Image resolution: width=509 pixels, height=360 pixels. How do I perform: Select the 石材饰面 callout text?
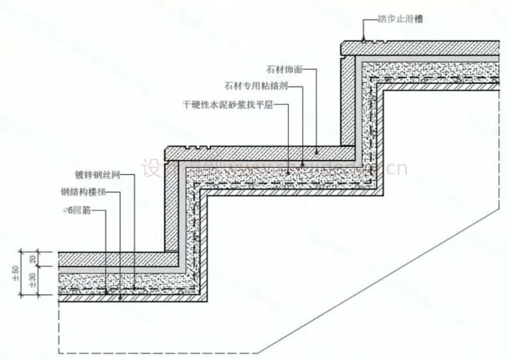pyautogui.click(x=285, y=69)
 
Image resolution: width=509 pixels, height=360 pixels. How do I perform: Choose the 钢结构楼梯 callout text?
pyautogui.click(x=90, y=191)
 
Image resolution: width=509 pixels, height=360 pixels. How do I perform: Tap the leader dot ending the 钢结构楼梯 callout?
pyautogui.click(x=121, y=298)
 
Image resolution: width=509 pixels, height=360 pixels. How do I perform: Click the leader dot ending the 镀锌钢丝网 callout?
pyautogui.click(x=135, y=288)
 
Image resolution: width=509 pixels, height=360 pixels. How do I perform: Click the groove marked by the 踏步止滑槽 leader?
pyautogui.click(x=363, y=41)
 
